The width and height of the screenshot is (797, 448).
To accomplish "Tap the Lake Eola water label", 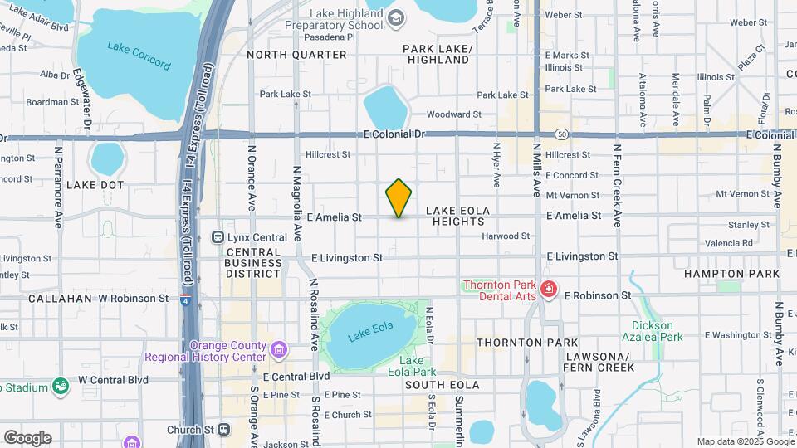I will tap(369, 335).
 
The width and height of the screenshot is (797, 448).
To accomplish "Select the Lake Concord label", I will tap(139, 55).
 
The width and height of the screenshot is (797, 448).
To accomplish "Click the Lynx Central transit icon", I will tap(218, 236).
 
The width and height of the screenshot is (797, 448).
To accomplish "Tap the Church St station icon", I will tap(223, 429).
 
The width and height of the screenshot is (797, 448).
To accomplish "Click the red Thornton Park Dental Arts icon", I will tap(548, 289).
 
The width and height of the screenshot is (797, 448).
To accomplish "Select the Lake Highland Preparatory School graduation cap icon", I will tap(397, 17).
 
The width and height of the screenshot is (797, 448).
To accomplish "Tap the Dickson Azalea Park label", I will tap(657, 331).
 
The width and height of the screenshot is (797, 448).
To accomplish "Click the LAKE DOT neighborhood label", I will tap(95, 184).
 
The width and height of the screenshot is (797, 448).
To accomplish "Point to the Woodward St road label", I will tap(453, 114).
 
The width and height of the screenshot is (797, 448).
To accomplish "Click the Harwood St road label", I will tap(506, 236).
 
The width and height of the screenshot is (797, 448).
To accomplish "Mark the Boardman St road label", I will tap(46, 102).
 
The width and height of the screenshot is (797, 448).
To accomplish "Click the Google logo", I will tap(27, 437).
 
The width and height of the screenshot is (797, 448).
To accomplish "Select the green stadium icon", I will tap(61, 385).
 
